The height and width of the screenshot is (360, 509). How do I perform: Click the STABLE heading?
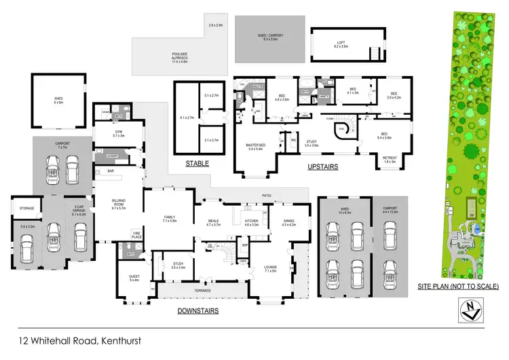[197, 164]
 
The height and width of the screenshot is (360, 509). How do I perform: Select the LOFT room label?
[339, 44]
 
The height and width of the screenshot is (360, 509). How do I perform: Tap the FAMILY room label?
[169, 219]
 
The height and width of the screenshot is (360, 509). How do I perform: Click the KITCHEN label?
[252, 221]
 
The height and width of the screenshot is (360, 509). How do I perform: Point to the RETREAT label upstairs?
[390, 159]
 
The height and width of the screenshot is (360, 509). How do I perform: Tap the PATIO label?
[267, 196]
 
